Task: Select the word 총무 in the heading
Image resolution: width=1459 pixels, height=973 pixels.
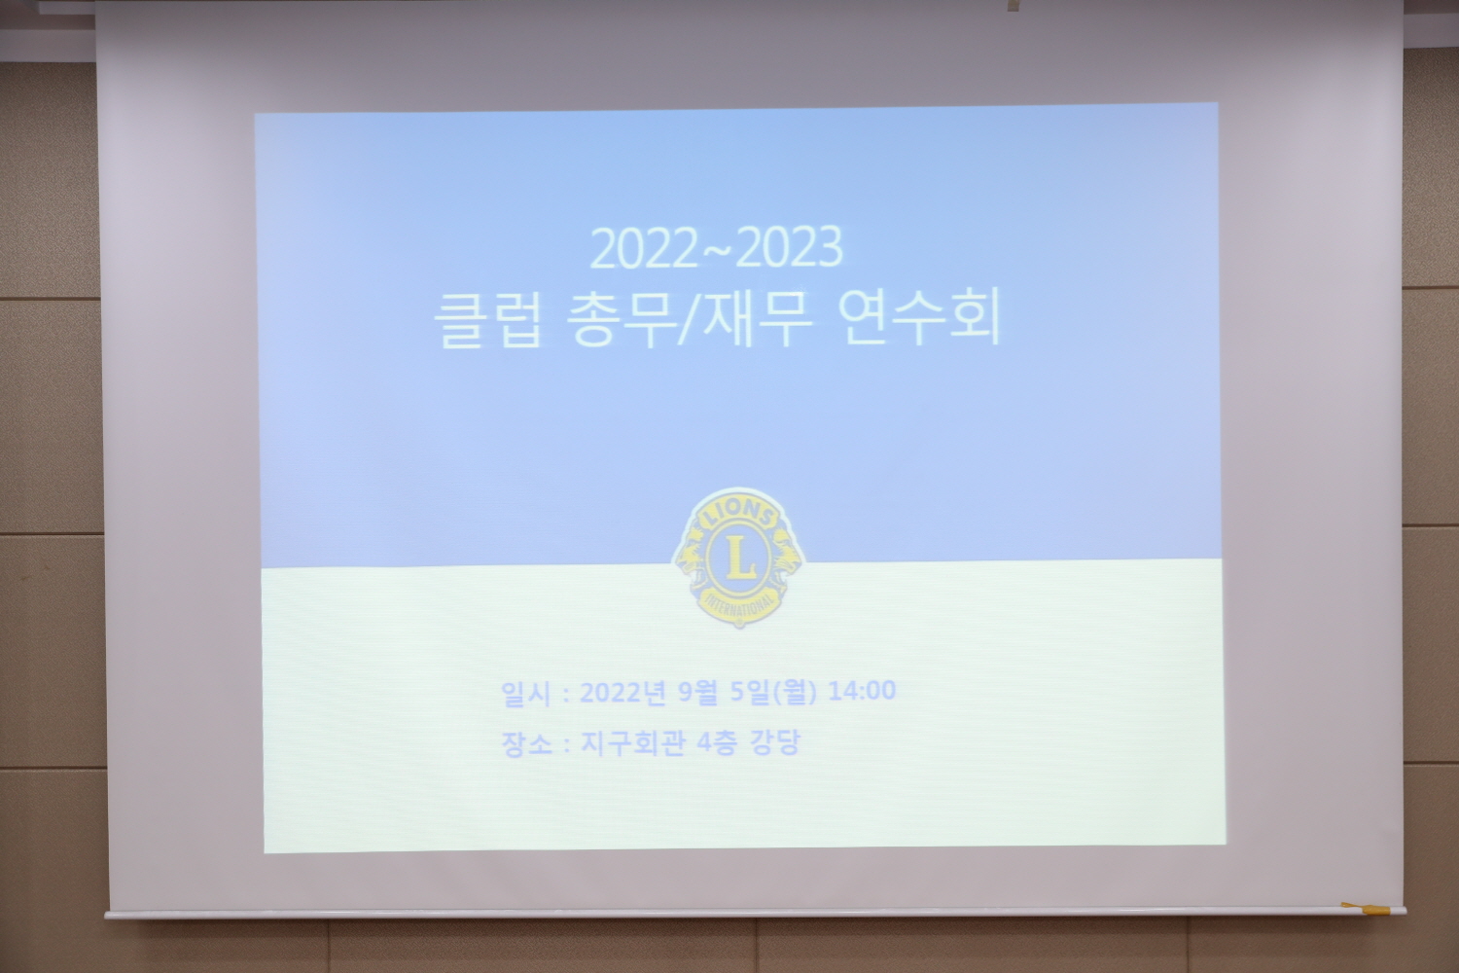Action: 621,319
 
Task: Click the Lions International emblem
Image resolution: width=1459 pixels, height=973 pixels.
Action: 738,558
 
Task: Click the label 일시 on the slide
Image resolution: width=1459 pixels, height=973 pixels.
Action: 526,694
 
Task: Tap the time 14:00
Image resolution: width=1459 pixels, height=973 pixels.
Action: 862,690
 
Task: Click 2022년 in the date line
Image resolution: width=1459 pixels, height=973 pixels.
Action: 623,692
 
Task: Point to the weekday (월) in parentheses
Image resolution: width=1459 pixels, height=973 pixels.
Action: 794,691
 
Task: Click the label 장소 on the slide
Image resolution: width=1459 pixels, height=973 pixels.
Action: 526,743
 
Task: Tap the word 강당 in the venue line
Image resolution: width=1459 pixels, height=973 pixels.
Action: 774,742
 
